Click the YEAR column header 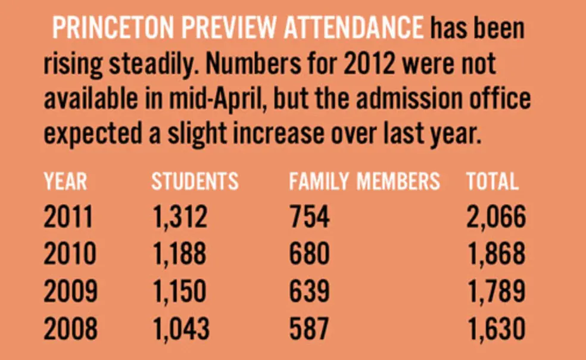[65, 181]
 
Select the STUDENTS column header [195, 181]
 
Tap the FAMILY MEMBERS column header [364, 181]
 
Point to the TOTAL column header [491, 181]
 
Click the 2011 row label [68, 217]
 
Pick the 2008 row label [69, 329]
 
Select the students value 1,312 [179, 217]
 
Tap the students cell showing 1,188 [179, 255]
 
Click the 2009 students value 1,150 [179, 292]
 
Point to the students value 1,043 [180, 329]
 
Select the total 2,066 [495, 217]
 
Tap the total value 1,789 [495, 292]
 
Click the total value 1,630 [495, 329]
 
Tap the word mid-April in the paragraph [221, 98]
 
